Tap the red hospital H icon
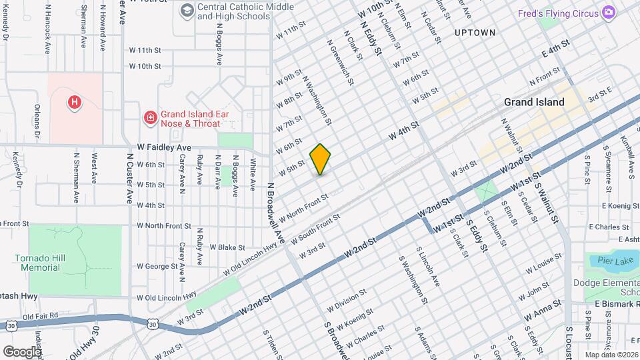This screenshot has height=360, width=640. (75, 102)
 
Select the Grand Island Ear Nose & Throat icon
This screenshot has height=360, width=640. (151, 118)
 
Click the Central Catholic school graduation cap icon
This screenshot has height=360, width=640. (187, 10)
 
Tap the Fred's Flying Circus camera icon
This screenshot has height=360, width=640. (608, 13)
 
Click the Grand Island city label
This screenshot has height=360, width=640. (534, 102)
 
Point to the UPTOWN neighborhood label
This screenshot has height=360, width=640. (475, 32)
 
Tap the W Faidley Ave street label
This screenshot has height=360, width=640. (164, 147)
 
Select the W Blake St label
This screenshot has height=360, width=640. (228, 247)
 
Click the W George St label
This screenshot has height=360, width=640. (157, 266)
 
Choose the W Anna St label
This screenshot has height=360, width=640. (541, 309)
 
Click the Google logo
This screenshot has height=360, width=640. (22, 351)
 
